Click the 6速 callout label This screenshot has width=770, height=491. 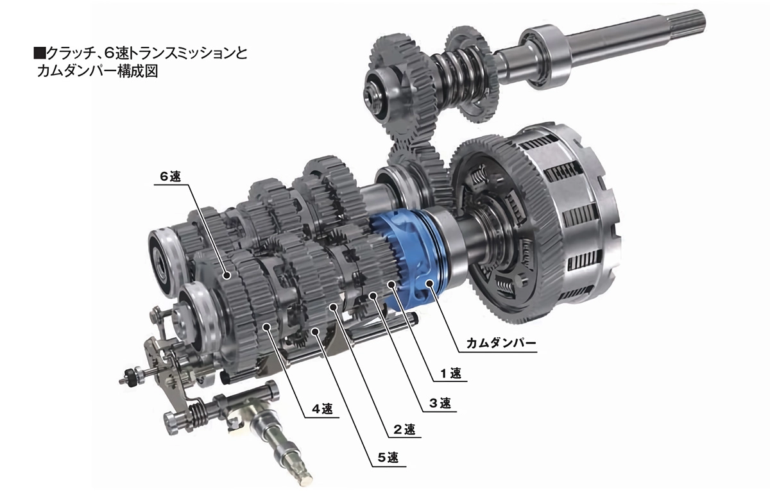click(170, 177)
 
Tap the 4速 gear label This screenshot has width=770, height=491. click(322, 409)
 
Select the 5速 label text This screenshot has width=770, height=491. click(388, 458)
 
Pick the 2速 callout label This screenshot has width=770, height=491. click(404, 429)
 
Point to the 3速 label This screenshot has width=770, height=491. click(440, 403)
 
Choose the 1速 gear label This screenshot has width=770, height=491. click(450, 373)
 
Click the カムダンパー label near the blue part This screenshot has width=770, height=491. click(501, 344)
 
